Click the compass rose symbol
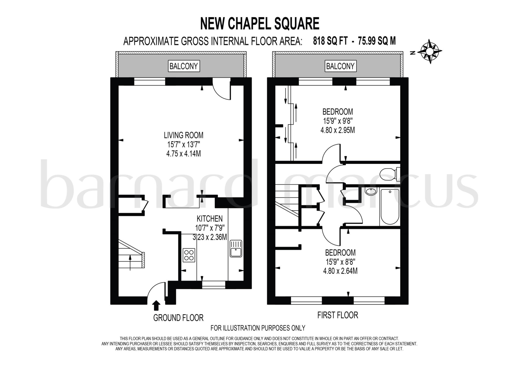[x=429, y=51]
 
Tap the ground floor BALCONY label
[x=183, y=66]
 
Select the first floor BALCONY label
[x=340, y=66]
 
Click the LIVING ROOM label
[x=183, y=135]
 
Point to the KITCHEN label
[x=210, y=218]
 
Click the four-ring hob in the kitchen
[x=189, y=255]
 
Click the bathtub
[x=390, y=207]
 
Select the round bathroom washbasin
[x=371, y=191]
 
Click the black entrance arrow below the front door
[x=157, y=305]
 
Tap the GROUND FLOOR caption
[x=178, y=318]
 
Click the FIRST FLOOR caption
[x=338, y=315]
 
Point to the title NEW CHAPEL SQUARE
[x=259, y=24]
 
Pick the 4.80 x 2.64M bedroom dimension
[x=340, y=271]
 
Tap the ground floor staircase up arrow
[x=130, y=262]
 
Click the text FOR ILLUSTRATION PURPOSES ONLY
[x=258, y=328]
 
